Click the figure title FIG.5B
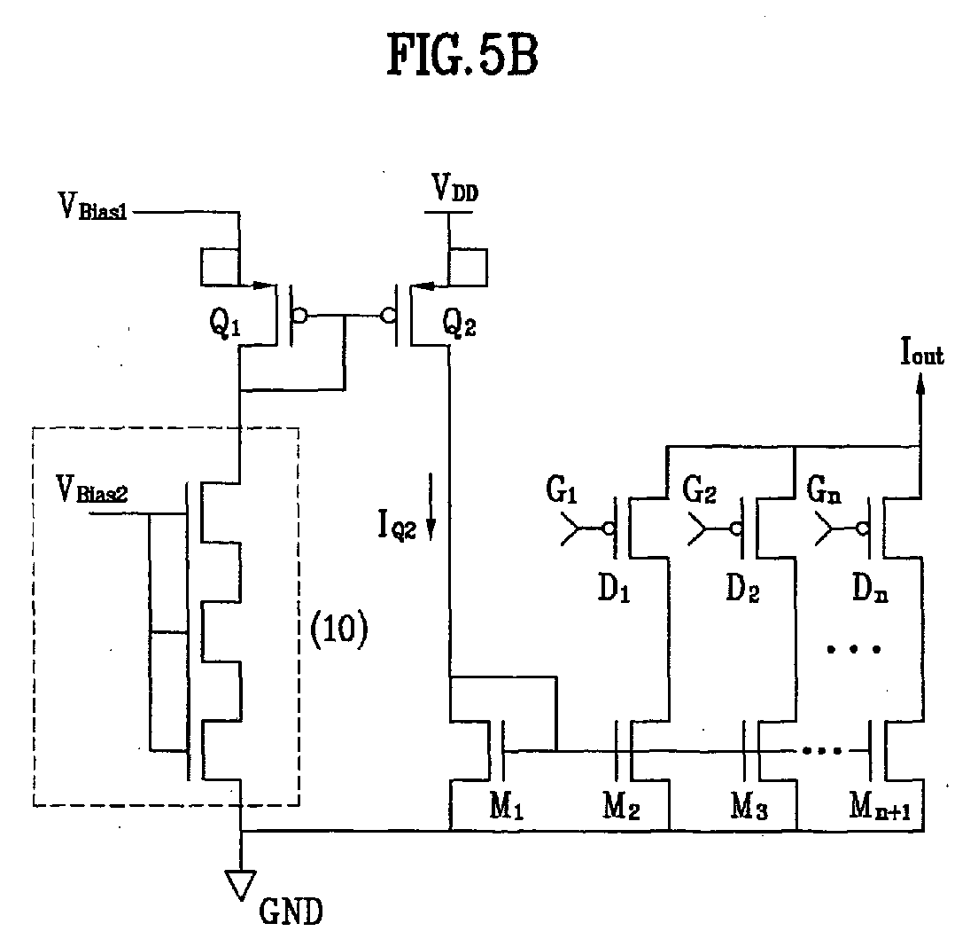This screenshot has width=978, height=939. coord(462,56)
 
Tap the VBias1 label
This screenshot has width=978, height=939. coord(92,207)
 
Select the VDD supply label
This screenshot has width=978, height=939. coord(454,188)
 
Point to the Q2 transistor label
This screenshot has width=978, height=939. coord(459,323)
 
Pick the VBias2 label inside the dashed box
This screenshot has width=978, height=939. coord(92,489)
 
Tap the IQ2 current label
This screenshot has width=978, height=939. coord(397,524)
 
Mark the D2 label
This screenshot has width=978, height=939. coord(742,588)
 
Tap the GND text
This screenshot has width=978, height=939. coord(291,912)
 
